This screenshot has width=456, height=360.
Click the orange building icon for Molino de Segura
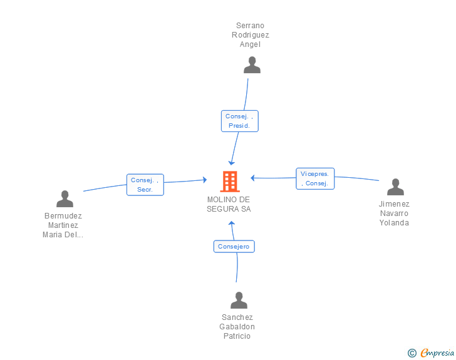[230, 182]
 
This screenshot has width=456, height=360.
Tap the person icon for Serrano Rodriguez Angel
[252, 65]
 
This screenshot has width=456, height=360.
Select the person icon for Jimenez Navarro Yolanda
[395, 187]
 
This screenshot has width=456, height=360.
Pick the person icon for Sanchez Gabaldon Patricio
[239, 300]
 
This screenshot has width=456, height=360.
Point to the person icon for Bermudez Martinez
[65, 198]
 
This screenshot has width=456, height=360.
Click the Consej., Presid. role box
[240, 121]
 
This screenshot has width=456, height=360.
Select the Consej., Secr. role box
[145, 185]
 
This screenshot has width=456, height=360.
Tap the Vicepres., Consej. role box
[315, 178]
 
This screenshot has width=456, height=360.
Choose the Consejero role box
[234, 246]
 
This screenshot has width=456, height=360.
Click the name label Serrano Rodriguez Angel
[250, 35]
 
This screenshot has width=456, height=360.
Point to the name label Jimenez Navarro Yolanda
[394, 213]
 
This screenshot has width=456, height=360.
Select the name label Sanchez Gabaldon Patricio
[237, 327]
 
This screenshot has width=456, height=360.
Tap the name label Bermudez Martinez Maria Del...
[63, 225]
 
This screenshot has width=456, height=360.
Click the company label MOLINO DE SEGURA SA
[229, 204]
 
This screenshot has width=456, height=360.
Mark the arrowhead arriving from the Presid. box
[232, 163]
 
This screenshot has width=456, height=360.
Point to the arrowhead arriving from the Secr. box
[205, 180]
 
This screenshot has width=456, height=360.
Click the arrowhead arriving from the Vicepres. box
[252, 178]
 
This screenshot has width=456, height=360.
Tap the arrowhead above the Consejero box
[232, 224]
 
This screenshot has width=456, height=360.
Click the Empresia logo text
[437, 352]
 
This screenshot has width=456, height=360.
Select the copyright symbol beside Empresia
[412, 353]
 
